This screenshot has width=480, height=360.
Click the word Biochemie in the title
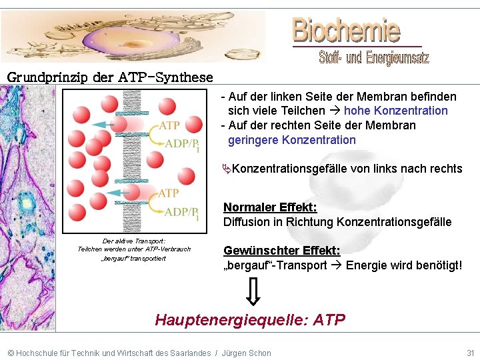point(346,30)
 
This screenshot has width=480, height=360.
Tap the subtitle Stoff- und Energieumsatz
point(374,58)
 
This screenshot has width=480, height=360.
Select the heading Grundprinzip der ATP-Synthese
point(110,77)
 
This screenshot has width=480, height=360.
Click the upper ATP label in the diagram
point(169,125)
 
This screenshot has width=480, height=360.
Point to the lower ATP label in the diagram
point(169,193)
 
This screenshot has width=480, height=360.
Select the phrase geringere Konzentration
point(292,140)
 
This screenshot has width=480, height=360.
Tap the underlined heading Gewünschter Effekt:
point(281,251)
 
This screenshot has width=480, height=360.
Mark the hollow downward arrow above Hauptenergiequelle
point(254,291)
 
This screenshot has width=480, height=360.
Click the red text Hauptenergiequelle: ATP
point(250,320)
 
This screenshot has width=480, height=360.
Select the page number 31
point(470,353)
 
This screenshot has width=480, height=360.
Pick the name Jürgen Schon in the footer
point(247,353)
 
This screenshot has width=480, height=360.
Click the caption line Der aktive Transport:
point(134,241)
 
